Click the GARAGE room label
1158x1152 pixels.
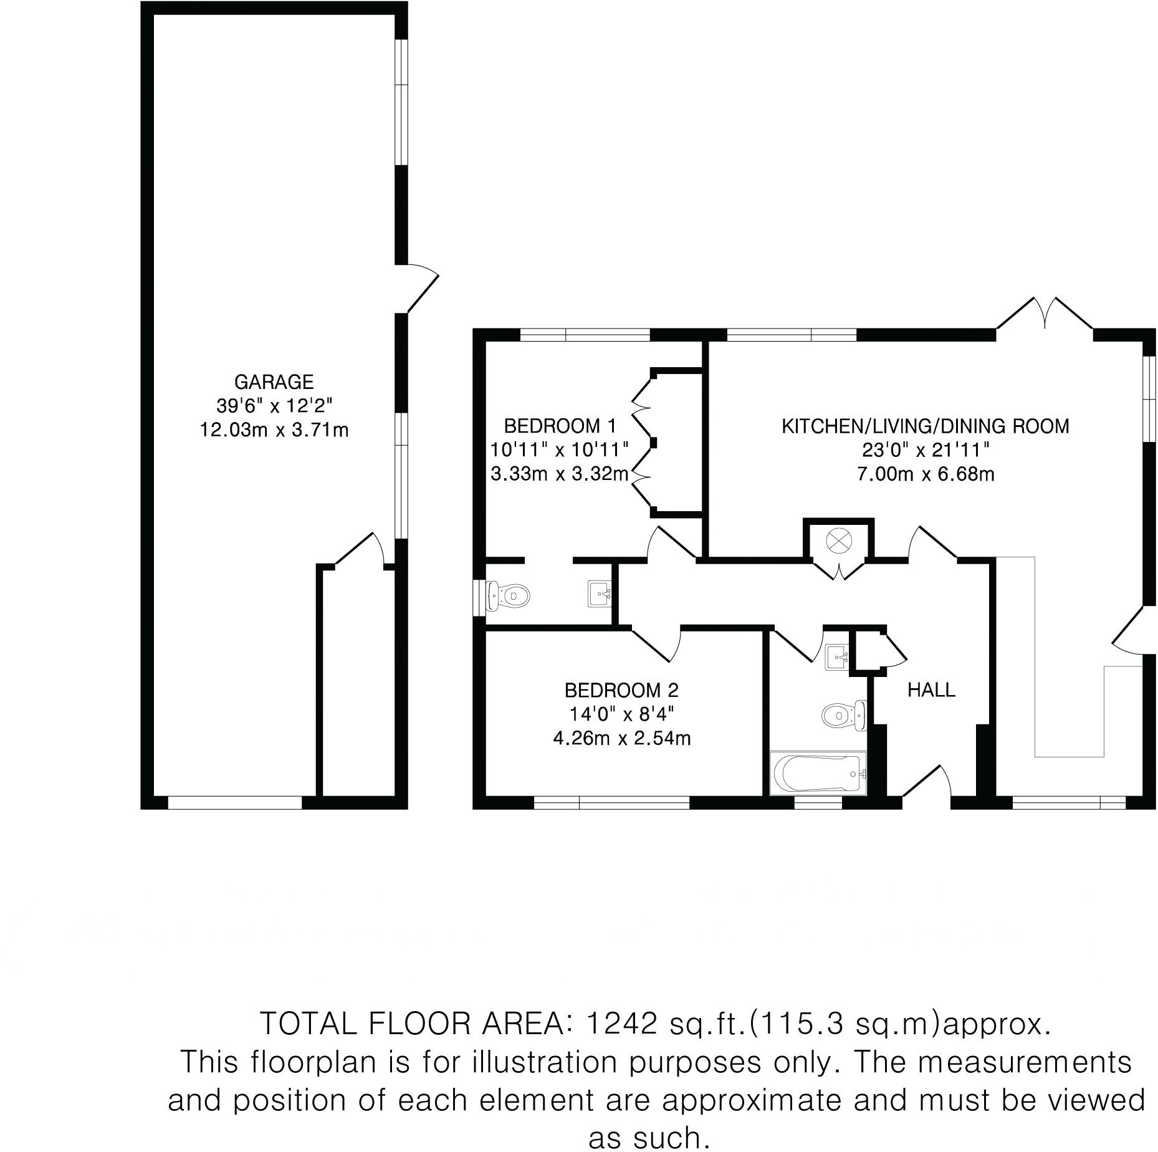[274, 381]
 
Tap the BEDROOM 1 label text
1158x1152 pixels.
[560, 426]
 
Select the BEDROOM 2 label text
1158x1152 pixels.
[621, 690]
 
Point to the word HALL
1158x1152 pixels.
[931, 689]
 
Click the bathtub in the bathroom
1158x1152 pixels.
[818, 774]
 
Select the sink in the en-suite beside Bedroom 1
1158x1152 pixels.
[600, 593]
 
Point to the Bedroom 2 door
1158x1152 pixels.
[658, 645]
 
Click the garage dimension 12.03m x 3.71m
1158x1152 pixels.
[274, 430]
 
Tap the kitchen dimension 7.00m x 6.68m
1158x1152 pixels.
[926, 474]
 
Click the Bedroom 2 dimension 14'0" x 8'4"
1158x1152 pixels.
[621, 714]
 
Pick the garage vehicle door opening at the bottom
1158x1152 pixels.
[235, 802]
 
